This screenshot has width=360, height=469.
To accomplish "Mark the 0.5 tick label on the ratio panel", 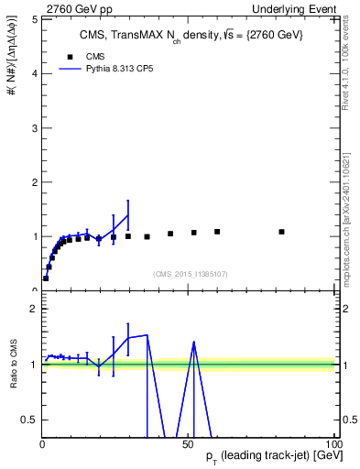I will (x=31, y=420).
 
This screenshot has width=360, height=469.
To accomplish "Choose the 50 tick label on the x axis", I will (x=188, y=445).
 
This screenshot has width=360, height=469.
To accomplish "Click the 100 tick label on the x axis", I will (x=332, y=445).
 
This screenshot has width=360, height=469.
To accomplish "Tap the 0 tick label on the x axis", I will (x=42, y=445).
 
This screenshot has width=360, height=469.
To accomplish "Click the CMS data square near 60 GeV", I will (x=217, y=232).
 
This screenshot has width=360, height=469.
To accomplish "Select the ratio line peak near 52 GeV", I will (x=194, y=342).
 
